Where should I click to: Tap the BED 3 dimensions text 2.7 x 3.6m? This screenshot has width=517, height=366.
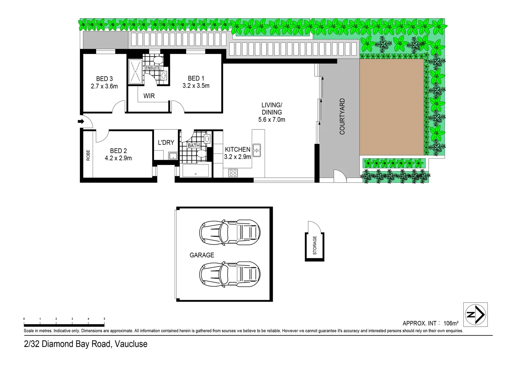(104, 86)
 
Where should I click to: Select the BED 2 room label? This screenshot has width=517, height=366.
(118, 151)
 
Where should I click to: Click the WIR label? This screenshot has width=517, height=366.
(149, 96)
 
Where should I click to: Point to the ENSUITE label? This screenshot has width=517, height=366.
(153, 68)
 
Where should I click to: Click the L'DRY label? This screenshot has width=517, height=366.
(166, 142)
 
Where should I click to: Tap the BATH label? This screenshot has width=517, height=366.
(194, 146)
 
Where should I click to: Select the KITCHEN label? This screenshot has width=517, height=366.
(238, 149)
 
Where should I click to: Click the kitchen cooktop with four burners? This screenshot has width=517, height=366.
(233, 172)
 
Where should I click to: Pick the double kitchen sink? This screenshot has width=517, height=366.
(257, 150)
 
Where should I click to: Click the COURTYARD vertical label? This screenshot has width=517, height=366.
(342, 117)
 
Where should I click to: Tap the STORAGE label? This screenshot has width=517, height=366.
(315, 245)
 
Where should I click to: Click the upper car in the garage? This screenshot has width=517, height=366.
(230, 233)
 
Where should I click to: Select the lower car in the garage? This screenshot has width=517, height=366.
(230, 273)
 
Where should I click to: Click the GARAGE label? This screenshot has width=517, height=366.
(202, 255)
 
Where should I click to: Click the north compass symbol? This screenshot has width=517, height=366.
(475, 314)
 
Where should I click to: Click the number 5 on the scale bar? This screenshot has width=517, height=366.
(104, 319)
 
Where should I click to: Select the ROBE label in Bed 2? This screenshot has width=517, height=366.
(88, 155)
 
